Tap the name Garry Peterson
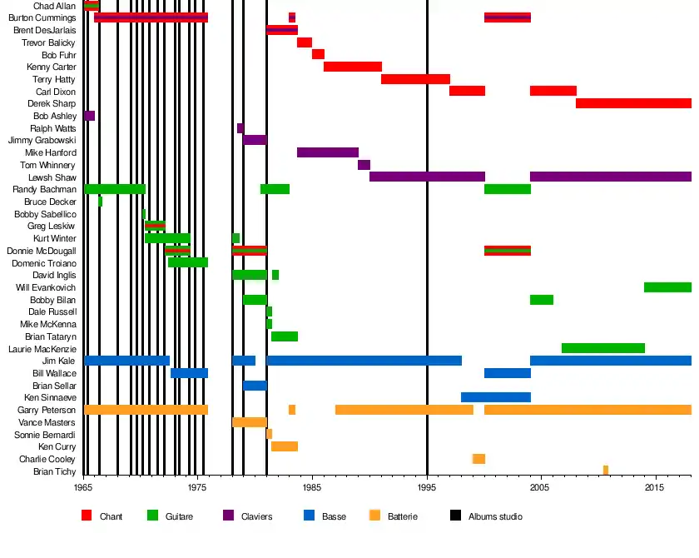coord(47,410)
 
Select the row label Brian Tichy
coord(55,471)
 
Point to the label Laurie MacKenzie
coord(42,348)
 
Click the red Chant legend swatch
coord(87,516)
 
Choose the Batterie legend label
coord(403,517)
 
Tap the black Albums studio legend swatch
coord(454,516)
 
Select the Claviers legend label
coord(256,517)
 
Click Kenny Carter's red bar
coord(353,67)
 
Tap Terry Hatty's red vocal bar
coord(415,79)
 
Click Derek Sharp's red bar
coord(633,103)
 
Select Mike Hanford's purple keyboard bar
coord(328,152)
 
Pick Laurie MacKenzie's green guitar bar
coord(603,348)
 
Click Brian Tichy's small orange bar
coord(606,471)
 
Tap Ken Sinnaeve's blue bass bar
coord(496,397)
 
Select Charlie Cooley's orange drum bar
coord(478,459)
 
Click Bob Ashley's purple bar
coord(89,116)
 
